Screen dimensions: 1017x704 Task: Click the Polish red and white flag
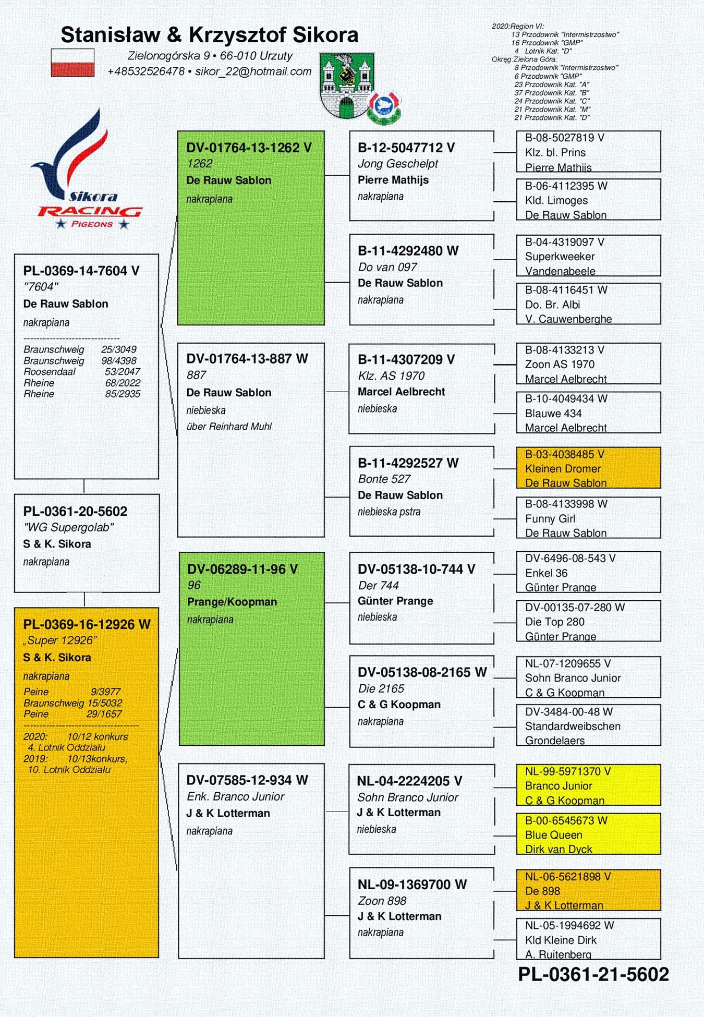72,63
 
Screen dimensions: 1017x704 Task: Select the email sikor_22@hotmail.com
253,71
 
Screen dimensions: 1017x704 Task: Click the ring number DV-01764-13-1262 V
249,148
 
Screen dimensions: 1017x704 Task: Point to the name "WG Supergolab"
68,527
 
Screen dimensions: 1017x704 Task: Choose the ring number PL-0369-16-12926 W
87,624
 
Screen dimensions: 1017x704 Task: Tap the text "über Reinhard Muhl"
229,426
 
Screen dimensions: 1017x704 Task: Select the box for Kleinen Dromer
588,468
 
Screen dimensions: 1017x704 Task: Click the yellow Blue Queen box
588,834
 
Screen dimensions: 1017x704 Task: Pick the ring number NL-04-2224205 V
409,781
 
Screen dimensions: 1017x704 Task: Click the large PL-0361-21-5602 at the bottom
593,974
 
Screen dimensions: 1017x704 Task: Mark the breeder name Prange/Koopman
232,601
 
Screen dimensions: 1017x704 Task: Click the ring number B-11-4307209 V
406,359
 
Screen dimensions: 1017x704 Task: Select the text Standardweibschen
573,726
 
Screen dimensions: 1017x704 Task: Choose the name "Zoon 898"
382,901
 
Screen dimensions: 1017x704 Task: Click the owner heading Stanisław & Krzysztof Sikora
210,35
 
